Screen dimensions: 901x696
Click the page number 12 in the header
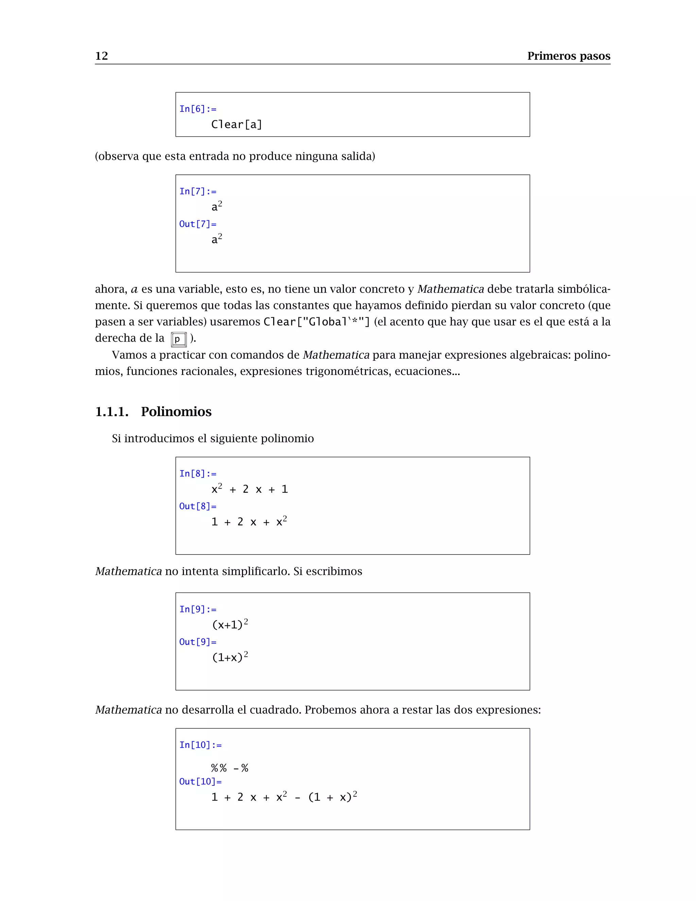click(101, 56)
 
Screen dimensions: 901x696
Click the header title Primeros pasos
click(568, 56)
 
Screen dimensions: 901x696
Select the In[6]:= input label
click(197, 109)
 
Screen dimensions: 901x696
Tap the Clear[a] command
click(236, 124)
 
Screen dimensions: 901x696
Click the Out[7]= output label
click(197, 224)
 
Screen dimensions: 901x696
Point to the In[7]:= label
click(197, 191)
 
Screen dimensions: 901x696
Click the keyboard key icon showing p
click(178, 339)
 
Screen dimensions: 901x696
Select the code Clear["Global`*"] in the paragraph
click(317, 322)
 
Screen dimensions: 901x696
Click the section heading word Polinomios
click(176, 411)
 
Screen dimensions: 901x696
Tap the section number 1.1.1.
click(112, 411)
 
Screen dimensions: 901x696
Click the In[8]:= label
click(197, 474)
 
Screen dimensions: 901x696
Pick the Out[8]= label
click(197, 506)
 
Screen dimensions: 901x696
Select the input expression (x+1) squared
click(229, 624)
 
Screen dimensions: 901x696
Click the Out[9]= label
click(197, 642)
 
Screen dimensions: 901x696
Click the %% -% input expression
click(229, 768)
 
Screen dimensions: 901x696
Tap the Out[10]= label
click(200, 781)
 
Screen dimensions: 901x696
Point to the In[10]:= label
click(200, 745)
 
